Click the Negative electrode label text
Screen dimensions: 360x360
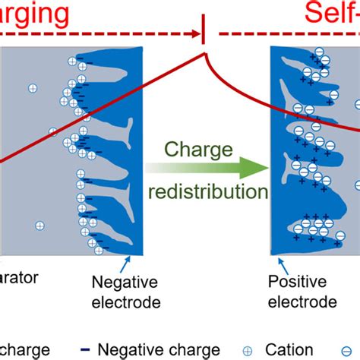coord(126,292)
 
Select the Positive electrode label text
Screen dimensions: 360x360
coord(302,292)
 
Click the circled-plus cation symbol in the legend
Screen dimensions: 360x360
coord(248,351)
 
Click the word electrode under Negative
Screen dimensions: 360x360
coord(126,302)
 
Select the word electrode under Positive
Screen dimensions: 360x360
coord(302,302)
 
